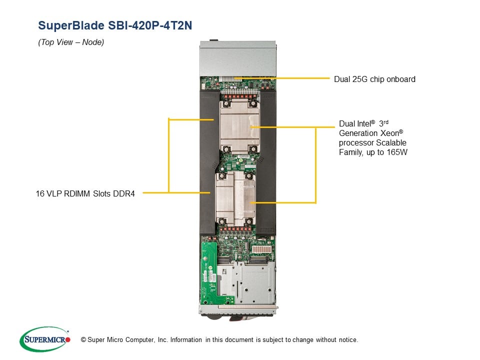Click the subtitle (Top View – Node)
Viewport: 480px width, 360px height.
71,42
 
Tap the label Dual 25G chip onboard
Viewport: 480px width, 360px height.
374,79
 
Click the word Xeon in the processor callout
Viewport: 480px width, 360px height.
390,133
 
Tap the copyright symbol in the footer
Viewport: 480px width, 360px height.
76,340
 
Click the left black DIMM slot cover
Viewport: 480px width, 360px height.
208,160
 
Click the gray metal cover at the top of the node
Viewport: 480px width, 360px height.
237,59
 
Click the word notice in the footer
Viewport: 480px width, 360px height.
347,340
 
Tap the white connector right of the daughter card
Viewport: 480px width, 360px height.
261,248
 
